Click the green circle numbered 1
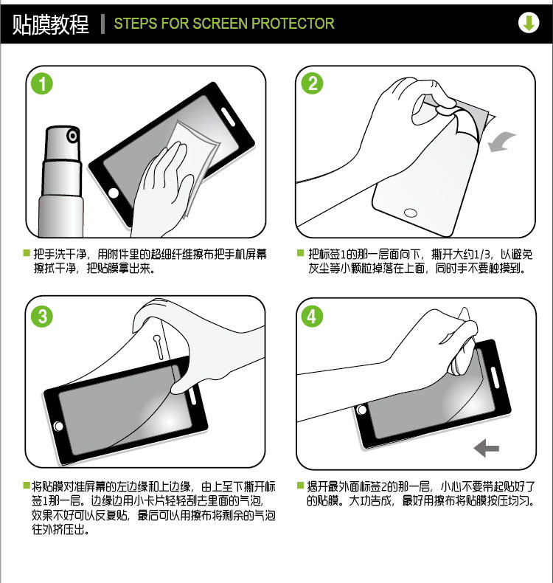(43, 84)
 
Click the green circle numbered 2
(313, 84)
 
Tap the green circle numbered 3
(43, 317)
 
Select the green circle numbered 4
(313, 317)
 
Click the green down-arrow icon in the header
(528, 23)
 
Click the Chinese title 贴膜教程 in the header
(50, 24)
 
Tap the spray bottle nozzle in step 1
(72, 136)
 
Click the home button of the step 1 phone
(114, 193)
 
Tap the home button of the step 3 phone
(58, 426)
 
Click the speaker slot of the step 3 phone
(194, 396)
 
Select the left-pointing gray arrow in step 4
(487, 447)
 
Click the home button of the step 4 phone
(362, 410)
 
